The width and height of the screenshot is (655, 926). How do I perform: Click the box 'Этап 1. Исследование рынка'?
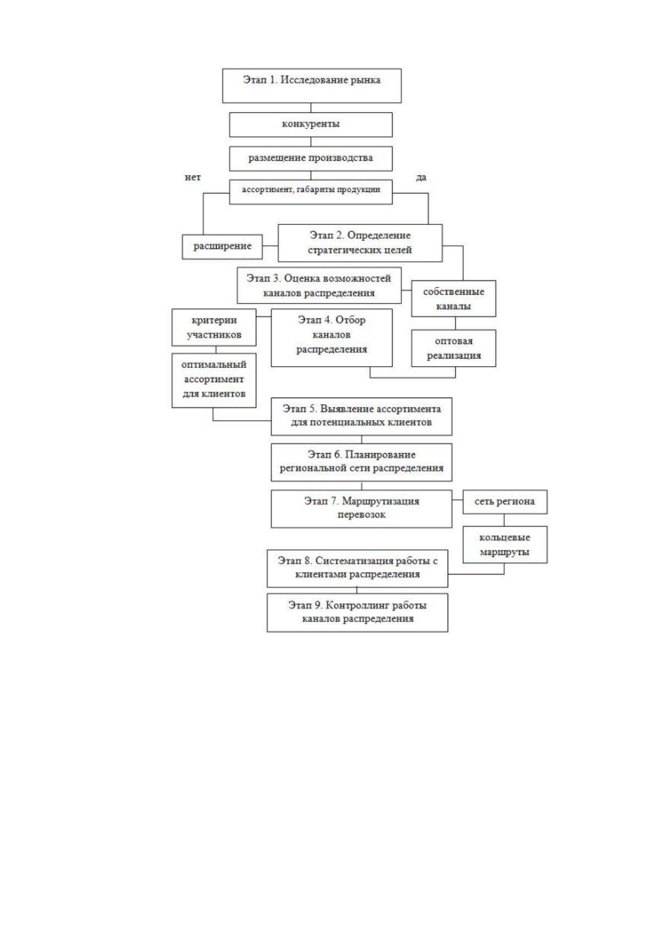point(312,86)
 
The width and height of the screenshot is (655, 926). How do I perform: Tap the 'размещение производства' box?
point(311,158)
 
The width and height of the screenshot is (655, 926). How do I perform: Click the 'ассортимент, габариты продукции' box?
point(311,192)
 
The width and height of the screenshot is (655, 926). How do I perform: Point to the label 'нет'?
point(192,178)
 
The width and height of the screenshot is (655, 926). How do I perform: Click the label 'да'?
point(421,178)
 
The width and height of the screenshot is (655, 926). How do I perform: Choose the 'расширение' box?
point(223,247)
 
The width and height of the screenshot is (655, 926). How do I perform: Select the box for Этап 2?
point(360,243)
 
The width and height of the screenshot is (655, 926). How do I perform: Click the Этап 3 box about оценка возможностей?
point(319,285)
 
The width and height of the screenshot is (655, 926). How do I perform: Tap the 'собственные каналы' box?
point(454,299)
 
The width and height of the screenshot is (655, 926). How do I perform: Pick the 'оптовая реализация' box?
point(454,348)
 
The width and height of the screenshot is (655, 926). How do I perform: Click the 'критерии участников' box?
point(214,327)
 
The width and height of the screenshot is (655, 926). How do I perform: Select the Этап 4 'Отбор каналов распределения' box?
point(332,338)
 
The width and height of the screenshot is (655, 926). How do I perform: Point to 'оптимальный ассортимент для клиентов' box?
point(214,381)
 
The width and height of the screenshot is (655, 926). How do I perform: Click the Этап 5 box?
point(361,416)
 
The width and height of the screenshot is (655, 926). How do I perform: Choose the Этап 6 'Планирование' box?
point(361,462)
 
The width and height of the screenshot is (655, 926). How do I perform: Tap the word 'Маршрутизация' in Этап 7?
point(381,501)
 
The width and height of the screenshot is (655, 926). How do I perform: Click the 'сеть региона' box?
point(505,502)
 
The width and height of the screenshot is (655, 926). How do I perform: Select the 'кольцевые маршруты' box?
point(505,544)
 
